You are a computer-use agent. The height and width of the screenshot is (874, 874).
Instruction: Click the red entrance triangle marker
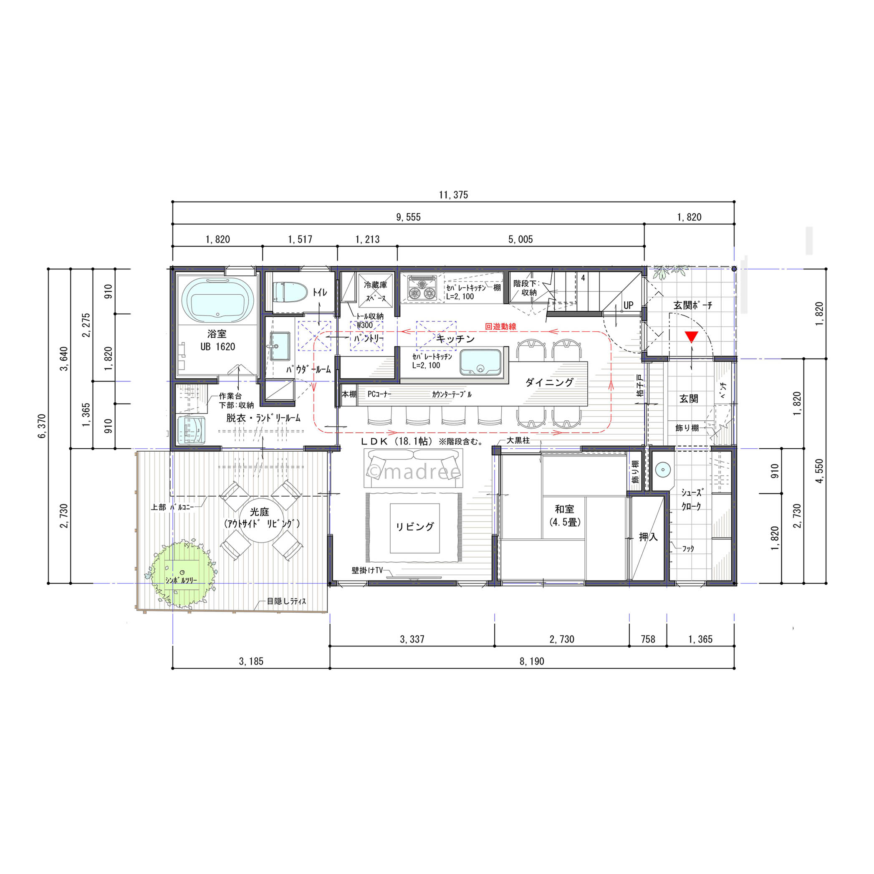click(691, 336)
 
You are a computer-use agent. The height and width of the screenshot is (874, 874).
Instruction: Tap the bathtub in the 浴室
click(217, 301)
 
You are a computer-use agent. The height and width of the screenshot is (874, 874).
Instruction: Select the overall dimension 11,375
click(453, 195)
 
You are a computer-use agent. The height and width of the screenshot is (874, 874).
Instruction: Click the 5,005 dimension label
click(520, 239)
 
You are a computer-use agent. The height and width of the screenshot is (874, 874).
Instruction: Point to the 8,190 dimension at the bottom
click(532, 662)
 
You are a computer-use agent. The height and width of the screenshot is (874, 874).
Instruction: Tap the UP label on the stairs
click(628, 306)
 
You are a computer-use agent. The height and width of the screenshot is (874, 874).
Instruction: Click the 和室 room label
click(565, 509)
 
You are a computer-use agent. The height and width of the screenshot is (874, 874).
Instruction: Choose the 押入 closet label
click(648, 537)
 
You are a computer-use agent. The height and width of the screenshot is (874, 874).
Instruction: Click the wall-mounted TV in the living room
click(414, 577)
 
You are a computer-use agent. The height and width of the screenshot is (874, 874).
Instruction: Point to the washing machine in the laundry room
click(191, 430)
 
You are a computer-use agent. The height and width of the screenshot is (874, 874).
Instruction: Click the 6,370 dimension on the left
click(42, 426)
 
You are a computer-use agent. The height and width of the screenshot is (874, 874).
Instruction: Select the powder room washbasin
click(280, 346)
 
